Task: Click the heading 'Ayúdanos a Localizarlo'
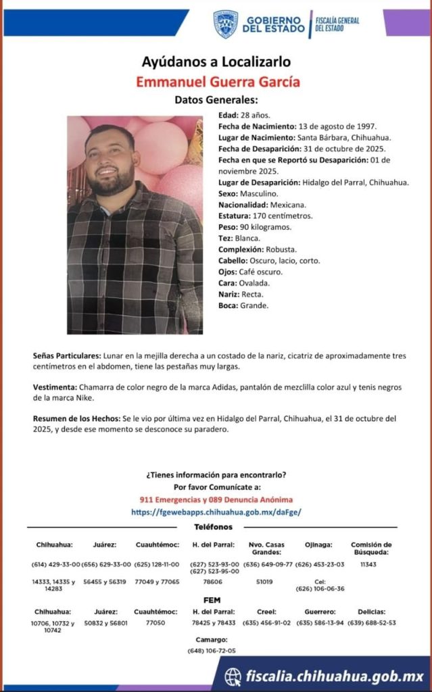click(x=216, y=62)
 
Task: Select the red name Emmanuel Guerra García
click(x=216, y=82)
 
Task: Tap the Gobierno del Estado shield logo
click(x=225, y=24)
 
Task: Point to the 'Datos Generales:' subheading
click(x=216, y=100)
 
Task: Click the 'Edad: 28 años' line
click(x=243, y=115)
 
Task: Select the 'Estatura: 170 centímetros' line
click(x=265, y=216)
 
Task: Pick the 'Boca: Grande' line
click(x=243, y=305)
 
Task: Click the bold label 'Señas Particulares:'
click(x=67, y=355)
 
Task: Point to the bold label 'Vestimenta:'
click(x=55, y=387)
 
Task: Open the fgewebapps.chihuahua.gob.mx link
click(x=216, y=512)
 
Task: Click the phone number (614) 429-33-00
click(x=55, y=564)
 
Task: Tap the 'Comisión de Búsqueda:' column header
click(x=370, y=548)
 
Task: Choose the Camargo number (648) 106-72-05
click(x=212, y=650)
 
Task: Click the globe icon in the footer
click(x=233, y=676)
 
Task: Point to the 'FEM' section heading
click(x=212, y=600)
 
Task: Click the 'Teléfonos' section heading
click(x=213, y=527)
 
